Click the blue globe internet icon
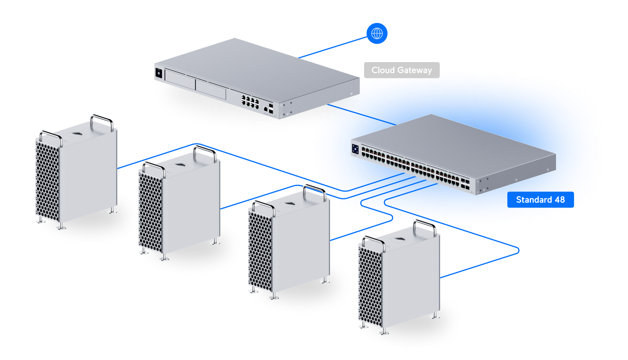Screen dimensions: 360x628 click(377, 34)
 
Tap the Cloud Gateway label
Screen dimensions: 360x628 click(401, 70)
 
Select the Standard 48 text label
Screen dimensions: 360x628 click(540, 200)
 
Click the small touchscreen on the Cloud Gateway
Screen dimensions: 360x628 click(159, 73)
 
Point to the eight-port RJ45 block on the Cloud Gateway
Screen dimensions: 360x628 click(250, 101)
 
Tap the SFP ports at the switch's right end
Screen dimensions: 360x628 click(465, 184)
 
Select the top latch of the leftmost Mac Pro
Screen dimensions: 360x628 click(77, 134)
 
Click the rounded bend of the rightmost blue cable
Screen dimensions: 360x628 click(518, 251)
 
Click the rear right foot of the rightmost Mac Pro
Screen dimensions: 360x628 click(435, 316)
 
